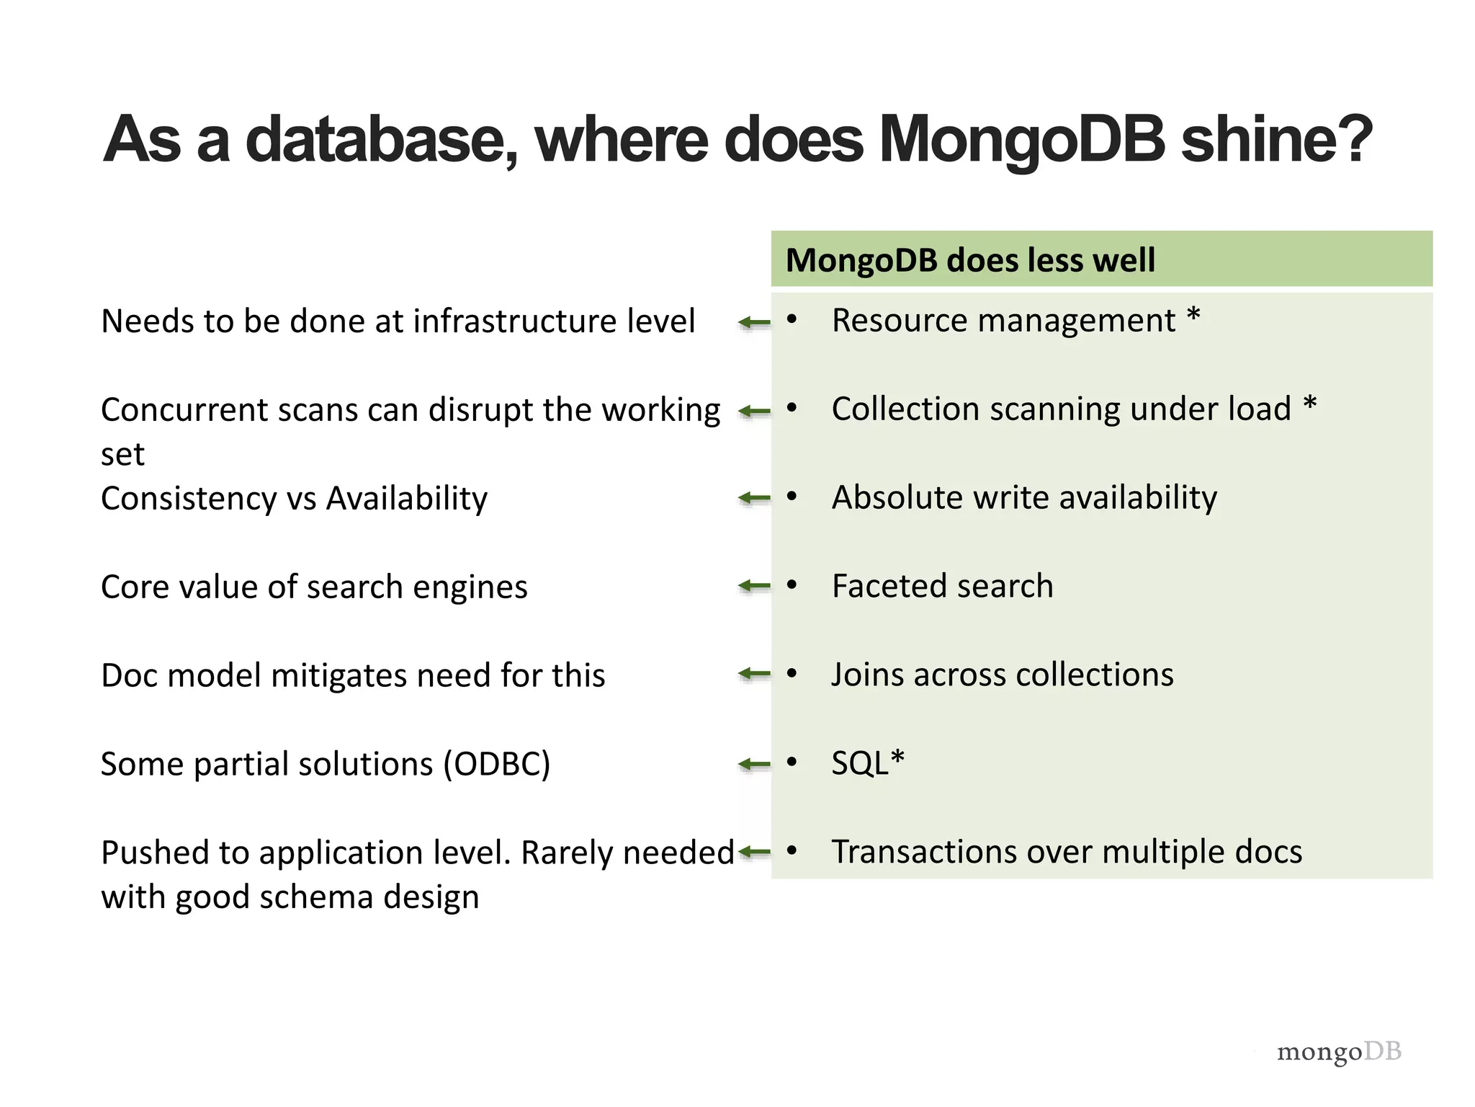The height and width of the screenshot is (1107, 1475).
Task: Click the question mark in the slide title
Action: [x=1351, y=138]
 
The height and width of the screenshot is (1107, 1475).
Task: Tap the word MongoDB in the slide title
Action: [x=1021, y=138]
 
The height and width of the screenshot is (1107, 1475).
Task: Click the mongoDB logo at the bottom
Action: [x=1339, y=1052]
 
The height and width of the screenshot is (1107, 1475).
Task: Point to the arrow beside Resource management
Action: [x=754, y=322]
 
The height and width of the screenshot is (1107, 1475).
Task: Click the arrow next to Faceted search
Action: [x=754, y=586]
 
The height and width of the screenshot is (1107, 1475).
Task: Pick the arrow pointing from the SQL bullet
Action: [x=754, y=763]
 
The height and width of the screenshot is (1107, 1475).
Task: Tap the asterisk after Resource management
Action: [x=1193, y=316]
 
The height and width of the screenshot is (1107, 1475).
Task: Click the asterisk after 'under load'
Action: [x=1310, y=404]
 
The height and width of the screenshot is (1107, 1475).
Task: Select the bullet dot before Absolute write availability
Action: [x=792, y=497]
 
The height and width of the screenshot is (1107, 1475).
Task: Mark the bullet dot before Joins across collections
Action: [x=792, y=674]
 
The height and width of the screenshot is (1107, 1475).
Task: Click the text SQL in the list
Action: [x=860, y=763]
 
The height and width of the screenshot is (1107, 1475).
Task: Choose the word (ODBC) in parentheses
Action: [x=496, y=764]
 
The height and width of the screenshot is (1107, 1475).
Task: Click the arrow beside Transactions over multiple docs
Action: [x=754, y=853]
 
